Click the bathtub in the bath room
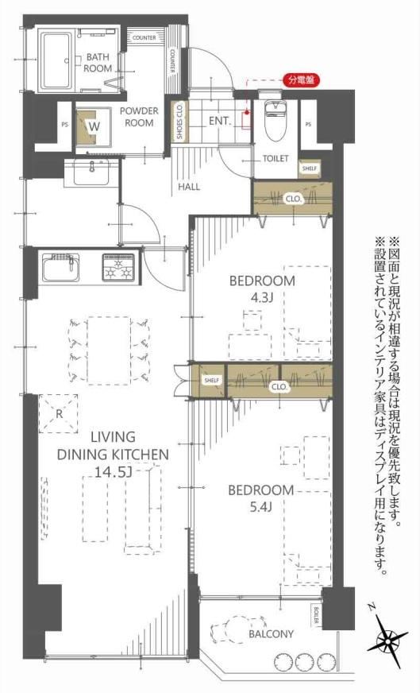(56, 60)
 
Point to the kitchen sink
(61, 267)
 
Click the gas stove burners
(118, 267)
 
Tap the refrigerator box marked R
(58, 414)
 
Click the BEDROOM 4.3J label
(262, 288)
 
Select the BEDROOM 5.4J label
(260, 498)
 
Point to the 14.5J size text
(113, 472)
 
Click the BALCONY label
(271, 634)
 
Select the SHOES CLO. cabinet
(179, 122)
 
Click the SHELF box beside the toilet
(309, 168)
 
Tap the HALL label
(189, 187)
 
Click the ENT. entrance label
(219, 121)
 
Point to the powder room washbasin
(92, 172)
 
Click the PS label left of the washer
(65, 125)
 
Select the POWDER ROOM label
(139, 117)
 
